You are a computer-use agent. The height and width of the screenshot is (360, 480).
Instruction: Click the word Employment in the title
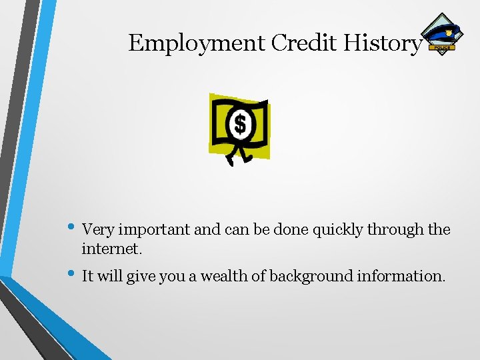[197, 43]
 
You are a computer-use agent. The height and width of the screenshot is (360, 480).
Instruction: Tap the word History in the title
[383, 43]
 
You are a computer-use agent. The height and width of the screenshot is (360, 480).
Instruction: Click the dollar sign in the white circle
[239, 124]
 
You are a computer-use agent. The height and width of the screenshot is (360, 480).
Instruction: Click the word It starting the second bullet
[88, 275]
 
